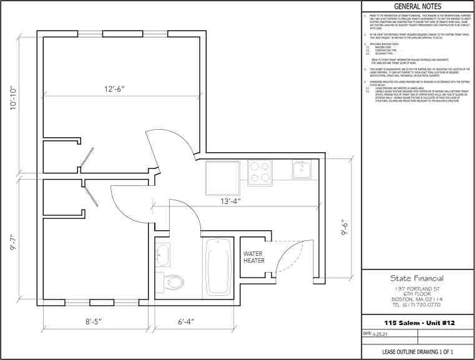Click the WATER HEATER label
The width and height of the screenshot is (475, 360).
tap(254, 258)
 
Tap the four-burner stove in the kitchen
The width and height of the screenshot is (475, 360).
tap(260, 172)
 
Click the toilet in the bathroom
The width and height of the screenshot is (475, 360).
tap(175, 283)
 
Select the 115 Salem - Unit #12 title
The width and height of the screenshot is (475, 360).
tap(416, 322)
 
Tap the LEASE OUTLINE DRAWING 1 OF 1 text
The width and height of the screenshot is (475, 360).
tap(416, 353)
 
